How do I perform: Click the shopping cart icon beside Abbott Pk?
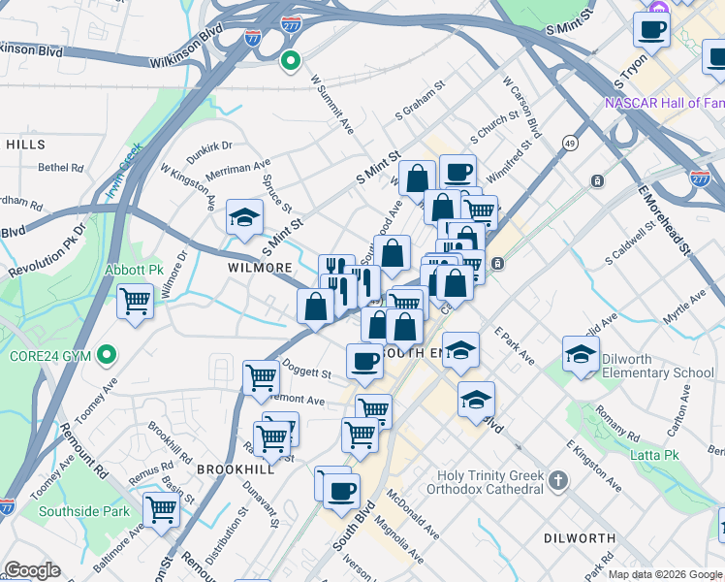pos(136,302)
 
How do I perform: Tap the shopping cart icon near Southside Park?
pos(161,509)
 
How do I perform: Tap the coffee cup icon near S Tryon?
pos(651,28)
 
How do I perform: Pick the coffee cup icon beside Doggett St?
pos(364,362)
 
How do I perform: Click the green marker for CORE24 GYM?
pos(108,355)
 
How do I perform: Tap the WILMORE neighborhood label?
pos(260,267)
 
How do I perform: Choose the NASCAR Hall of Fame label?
pos(664,103)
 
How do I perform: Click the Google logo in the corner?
pos(32,570)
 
